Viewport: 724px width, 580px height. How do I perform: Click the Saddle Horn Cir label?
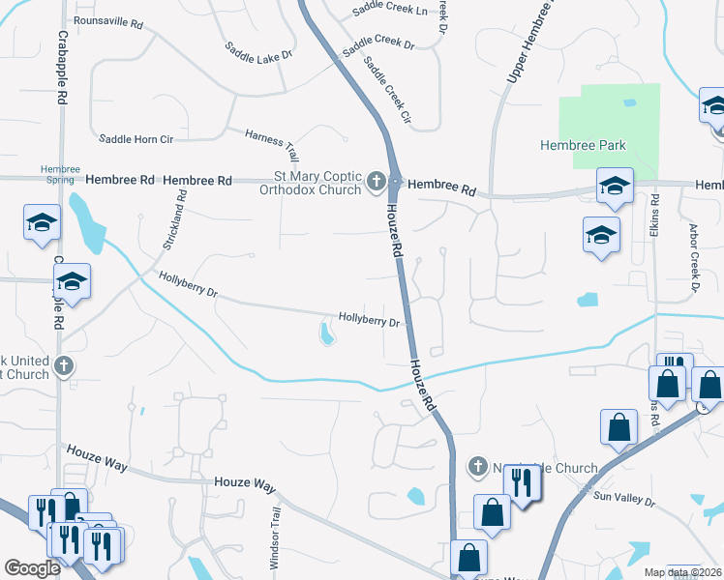click(x=136, y=139)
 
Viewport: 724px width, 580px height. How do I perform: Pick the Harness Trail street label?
click(x=272, y=144)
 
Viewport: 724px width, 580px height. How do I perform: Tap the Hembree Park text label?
click(x=583, y=146)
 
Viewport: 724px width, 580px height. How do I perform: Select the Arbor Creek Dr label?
click(x=694, y=260)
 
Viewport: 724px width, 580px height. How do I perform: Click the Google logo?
click(x=33, y=568)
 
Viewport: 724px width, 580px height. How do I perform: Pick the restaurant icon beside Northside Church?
click(x=523, y=484)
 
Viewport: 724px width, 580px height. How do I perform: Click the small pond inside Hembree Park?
click(x=630, y=102)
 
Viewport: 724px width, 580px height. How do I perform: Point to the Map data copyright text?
click(x=682, y=572)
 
